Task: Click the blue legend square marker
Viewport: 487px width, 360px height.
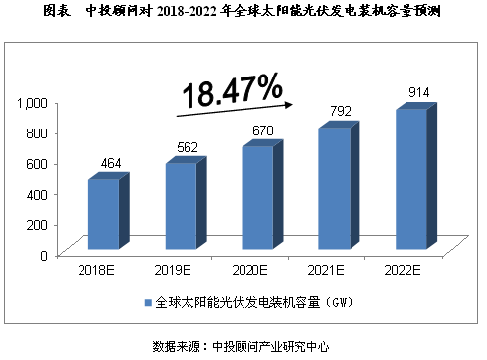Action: click(148, 302)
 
